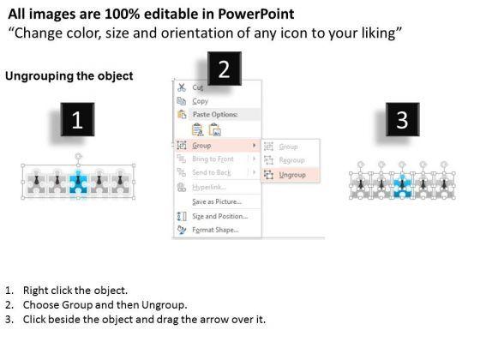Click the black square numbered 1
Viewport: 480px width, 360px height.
(77, 119)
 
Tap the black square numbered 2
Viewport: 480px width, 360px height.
(225, 69)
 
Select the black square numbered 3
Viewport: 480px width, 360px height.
(403, 119)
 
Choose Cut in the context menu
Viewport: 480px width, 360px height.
(198, 87)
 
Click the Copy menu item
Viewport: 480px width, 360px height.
(201, 101)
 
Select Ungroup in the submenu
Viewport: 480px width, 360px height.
(292, 175)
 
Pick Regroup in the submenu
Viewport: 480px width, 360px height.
(291, 160)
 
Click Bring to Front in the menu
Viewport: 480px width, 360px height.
(213, 159)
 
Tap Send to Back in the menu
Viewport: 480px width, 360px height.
(212, 172)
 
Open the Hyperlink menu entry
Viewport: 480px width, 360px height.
(209, 187)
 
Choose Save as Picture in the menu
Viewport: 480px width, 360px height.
(217, 201)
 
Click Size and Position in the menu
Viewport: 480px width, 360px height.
(219, 216)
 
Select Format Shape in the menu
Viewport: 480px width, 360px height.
(215, 230)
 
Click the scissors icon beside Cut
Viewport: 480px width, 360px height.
(182, 87)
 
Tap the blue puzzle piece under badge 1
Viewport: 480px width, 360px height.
(78, 183)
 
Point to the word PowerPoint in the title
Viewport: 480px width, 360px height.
(256, 14)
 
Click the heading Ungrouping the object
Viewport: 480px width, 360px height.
(69, 76)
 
